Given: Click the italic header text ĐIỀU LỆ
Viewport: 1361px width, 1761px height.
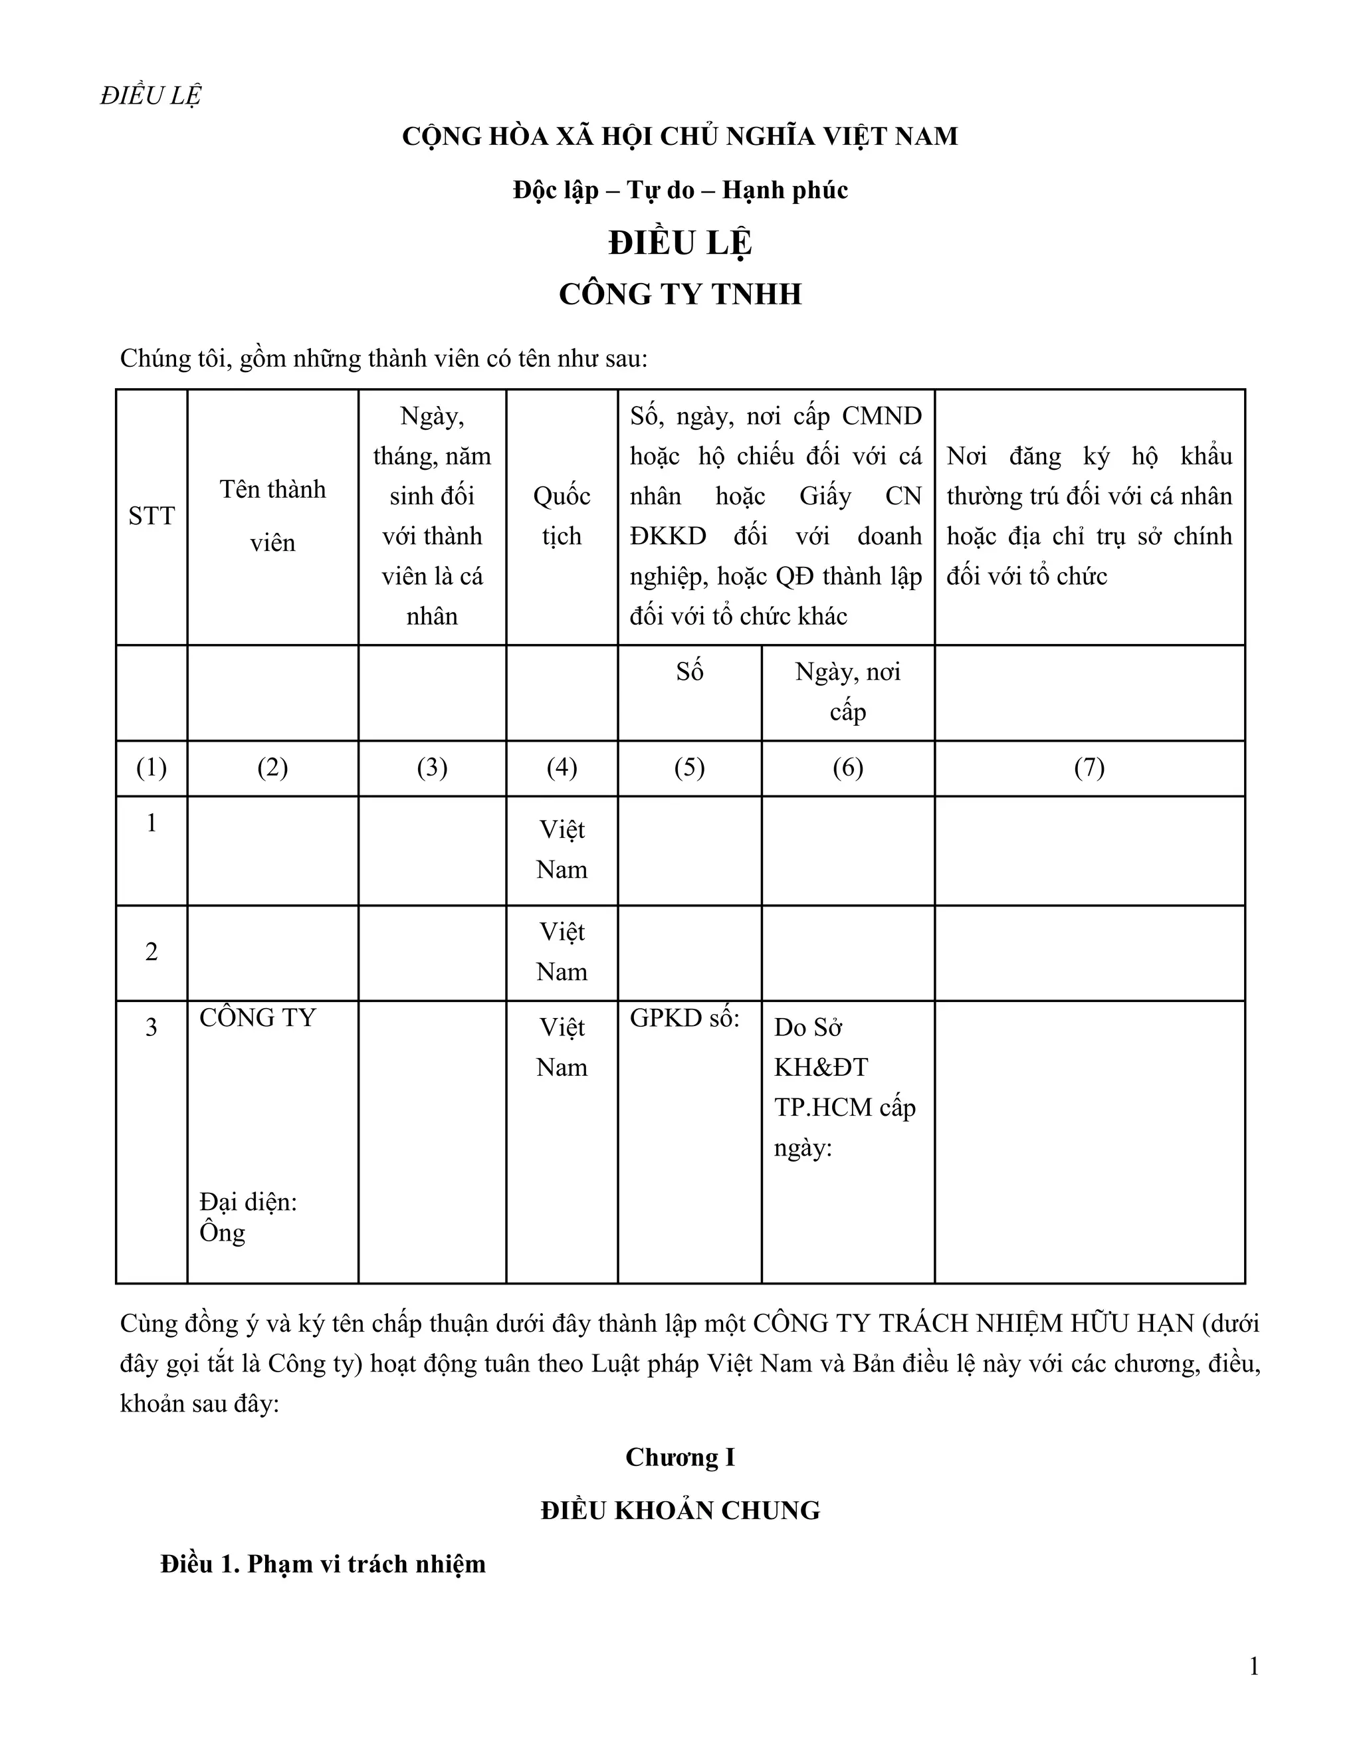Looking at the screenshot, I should (150, 95).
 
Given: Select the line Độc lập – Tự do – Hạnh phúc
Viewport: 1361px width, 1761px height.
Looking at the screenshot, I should (680, 190).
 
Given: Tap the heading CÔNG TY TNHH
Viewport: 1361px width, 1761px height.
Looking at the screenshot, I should (680, 294).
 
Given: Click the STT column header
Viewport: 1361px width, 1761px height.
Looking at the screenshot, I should (151, 516).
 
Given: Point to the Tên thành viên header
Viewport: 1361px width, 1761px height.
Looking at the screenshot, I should (272, 516).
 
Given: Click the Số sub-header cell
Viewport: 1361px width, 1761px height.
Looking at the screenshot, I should (689, 672).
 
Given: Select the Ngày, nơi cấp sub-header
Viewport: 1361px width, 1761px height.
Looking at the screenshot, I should (847, 692).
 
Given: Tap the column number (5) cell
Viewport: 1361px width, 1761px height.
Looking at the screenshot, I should (689, 768).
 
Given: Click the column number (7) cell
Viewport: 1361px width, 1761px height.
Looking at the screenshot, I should (1089, 768).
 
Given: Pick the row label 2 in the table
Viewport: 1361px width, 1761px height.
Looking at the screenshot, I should (151, 952).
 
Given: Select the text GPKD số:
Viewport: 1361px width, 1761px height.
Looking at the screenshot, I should (684, 1018).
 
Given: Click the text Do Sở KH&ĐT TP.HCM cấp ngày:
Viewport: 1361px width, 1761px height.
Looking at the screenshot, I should (844, 1087).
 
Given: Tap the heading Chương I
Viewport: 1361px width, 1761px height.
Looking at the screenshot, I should (680, 1457).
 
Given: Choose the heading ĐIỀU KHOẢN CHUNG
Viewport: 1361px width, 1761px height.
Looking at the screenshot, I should (680, 1510).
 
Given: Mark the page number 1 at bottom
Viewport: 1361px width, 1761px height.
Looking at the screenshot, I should (1254, 1667).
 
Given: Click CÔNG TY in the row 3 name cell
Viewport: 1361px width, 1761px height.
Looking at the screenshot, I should (257, 1018).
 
